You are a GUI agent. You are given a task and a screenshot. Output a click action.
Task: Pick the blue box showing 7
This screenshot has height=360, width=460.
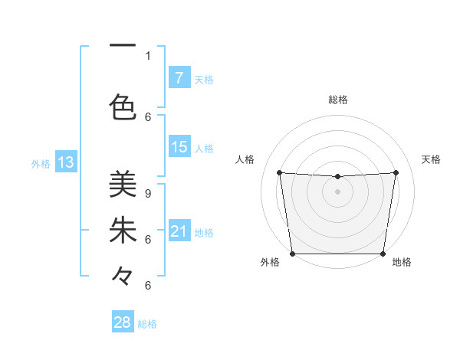(x=179, y=77)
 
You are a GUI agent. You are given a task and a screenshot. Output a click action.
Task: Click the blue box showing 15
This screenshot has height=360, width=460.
(x=179, y=147)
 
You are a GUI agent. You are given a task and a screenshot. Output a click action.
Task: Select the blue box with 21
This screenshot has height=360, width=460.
(x=179, y=231)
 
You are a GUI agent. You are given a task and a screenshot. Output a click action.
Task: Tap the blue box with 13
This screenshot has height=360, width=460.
(x=65, y=162)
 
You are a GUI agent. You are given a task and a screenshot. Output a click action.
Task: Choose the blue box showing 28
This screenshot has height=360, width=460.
(x=122, y=322)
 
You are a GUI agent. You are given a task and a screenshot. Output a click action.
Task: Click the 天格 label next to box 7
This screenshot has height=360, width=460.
(x=204, y=79)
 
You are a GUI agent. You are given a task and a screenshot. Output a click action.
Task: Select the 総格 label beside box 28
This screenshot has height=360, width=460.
(x=147, y=324)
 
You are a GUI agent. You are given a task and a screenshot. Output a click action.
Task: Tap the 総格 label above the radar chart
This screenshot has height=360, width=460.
(x=337, y=100)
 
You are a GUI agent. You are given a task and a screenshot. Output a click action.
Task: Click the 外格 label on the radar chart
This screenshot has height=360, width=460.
(x=270, y=262)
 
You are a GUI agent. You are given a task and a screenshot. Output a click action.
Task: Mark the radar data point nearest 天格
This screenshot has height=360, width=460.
(x=396, y=172)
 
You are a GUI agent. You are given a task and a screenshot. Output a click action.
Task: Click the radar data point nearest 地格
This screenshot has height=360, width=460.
(x=383, y=254)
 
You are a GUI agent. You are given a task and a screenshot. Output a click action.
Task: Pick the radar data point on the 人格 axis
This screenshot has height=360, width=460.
(x=279, y=172)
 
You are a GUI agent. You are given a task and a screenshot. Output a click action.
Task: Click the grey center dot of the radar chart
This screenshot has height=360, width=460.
(x=337, y=191)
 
